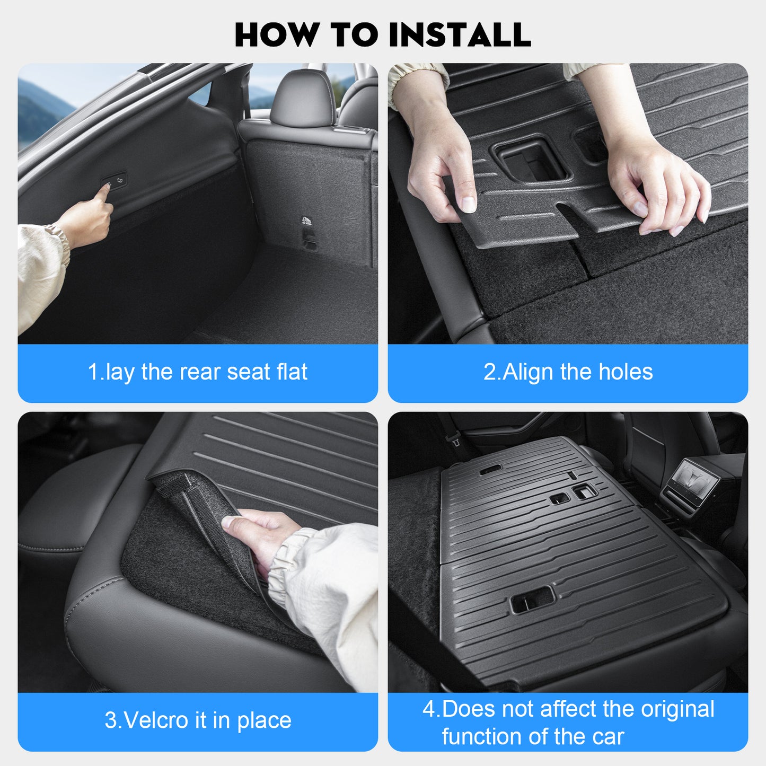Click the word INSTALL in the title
click(x=460, y=35)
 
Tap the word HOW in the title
click(x=277, y=35)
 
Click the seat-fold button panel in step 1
click(x=115, y=181)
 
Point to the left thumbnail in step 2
click(x=468, y=204)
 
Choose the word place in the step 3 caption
click(x=265, y=721)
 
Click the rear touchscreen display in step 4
click(x=694, y=480)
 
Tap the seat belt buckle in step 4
click(x=454, y=439)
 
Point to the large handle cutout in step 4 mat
click(x=532, y=600)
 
